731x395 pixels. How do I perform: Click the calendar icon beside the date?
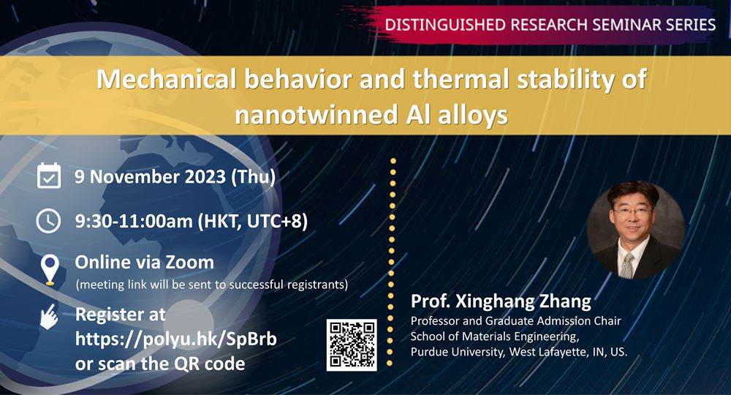(x=49, y=176)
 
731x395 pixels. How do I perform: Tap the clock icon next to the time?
(x=48, y=221)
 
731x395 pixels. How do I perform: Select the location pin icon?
(x=50, y=270)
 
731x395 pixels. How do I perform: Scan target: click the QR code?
(x=352, y=345)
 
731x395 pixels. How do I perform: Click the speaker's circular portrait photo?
(x=635, y=230)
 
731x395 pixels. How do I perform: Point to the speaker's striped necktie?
(x=628, y=266)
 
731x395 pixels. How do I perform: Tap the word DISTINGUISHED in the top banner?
(x=445, y=24)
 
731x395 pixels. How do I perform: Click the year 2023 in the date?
(x=205, y=176)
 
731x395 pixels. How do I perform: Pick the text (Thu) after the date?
(x=253, y=177)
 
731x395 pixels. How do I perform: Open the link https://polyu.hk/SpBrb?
(x=175, y=339)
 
